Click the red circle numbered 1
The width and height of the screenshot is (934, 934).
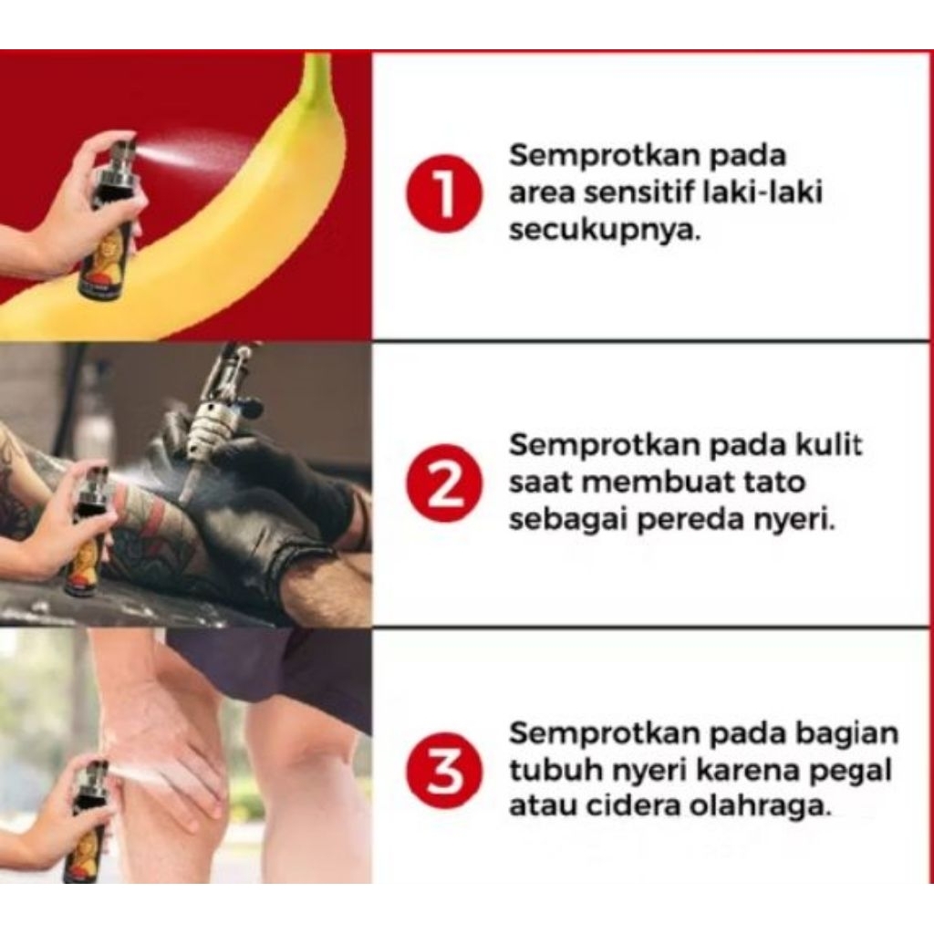tap(444, 192)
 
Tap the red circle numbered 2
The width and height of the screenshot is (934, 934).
tap(444, 483)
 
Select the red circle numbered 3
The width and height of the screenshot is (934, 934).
tap(444, 772)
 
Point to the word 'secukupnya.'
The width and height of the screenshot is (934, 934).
tap(604, 231)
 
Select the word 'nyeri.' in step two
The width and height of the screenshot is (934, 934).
tap(794, 521)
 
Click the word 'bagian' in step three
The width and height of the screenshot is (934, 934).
tap(847, 734)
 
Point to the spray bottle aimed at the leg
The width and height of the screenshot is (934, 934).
tap(89, 822)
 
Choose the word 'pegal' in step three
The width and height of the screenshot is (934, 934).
tap(853, 771)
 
